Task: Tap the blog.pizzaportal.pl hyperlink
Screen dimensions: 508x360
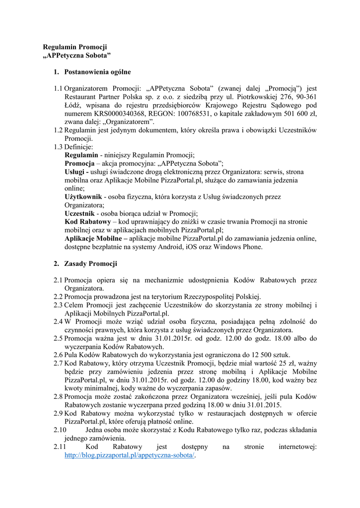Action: coord(131,455)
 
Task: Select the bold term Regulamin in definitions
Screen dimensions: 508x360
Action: coord(81,155)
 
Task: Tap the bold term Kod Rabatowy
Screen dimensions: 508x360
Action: coord(88,222)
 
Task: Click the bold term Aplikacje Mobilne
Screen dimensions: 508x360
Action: coord(94,239)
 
